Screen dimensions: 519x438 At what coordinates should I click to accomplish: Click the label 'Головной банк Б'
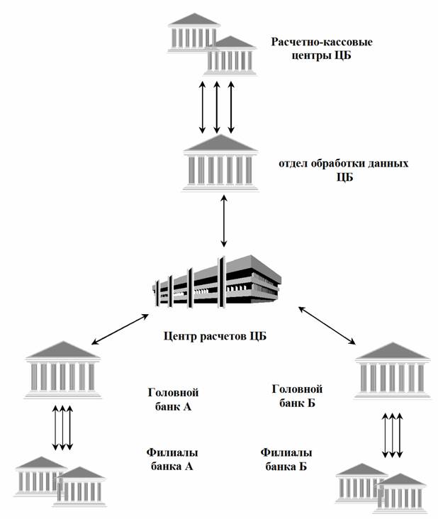[297, 396]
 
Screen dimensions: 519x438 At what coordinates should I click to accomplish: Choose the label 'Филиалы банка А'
[172, 459]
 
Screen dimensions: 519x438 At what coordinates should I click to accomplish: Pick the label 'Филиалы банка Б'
[286, 459]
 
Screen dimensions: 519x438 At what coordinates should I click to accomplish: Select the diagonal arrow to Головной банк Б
[327, 327]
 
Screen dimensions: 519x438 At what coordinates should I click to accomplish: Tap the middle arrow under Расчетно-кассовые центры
[216, 106]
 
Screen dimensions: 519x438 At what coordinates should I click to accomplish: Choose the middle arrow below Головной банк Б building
[392, 434]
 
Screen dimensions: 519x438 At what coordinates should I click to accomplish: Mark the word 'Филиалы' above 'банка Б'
[286, 452]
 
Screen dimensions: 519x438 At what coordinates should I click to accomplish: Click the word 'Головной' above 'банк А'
[172, 392]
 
